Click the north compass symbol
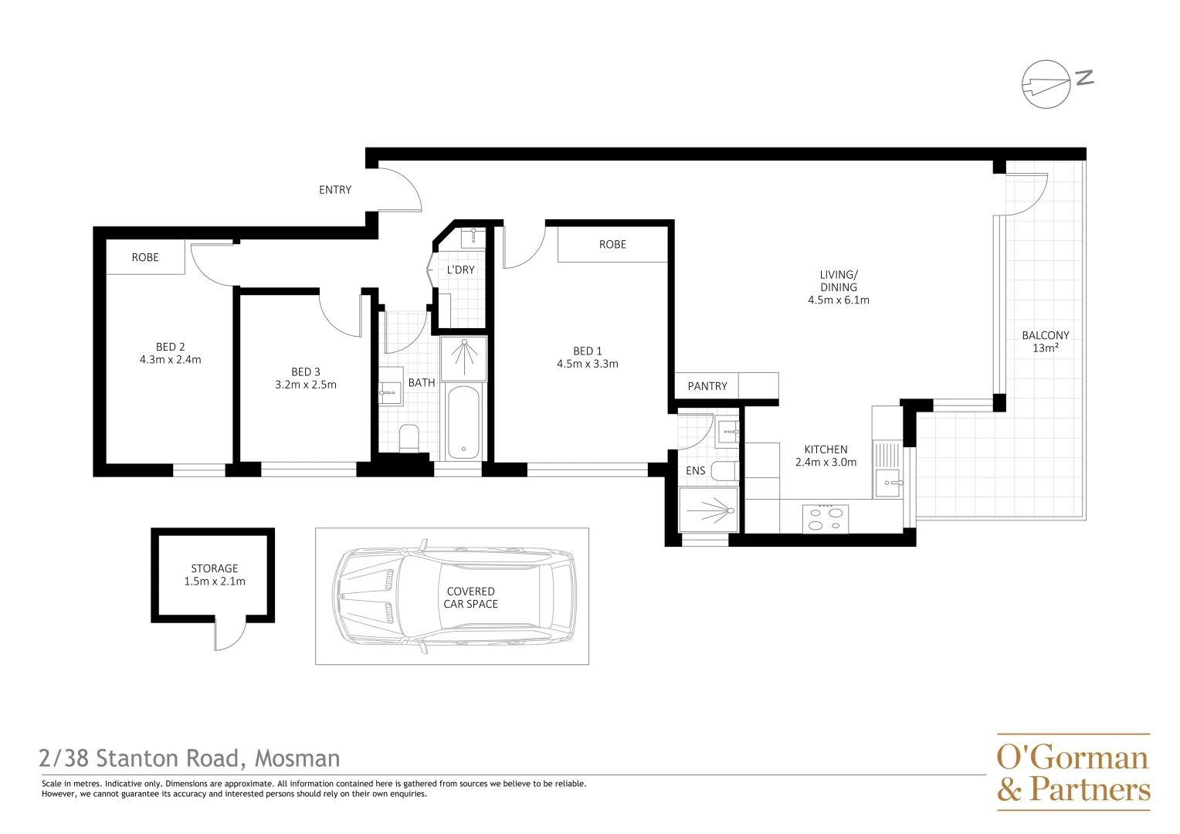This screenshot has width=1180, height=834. (x=1047, y=83)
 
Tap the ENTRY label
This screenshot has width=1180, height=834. (x=335, y=190)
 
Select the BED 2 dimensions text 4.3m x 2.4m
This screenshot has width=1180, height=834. (x=170, y=360)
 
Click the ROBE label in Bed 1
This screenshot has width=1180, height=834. (x=612, y=245)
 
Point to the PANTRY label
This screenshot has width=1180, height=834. (x=707, y=386)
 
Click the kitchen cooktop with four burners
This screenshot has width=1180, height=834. (x=826, y=518)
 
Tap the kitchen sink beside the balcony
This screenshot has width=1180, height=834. (x=888, y=483)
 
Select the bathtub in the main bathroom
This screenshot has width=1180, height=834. (x=463, y=422)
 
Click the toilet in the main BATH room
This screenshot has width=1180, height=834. (x=409, y=438)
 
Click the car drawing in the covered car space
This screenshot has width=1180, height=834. (x=454, y=597)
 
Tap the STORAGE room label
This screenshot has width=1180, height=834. (x=215, y=568)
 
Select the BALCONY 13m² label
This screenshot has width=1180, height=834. (x=1046, y=341)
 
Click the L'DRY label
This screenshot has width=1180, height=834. (x=461, y=270)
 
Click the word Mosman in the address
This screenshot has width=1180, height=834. (x=297, y=759)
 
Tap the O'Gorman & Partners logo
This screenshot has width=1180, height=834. (x=1073, y=772)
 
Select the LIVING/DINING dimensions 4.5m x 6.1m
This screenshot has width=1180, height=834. (x=839, y=300)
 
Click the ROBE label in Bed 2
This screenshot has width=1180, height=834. (x=145, y=258)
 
